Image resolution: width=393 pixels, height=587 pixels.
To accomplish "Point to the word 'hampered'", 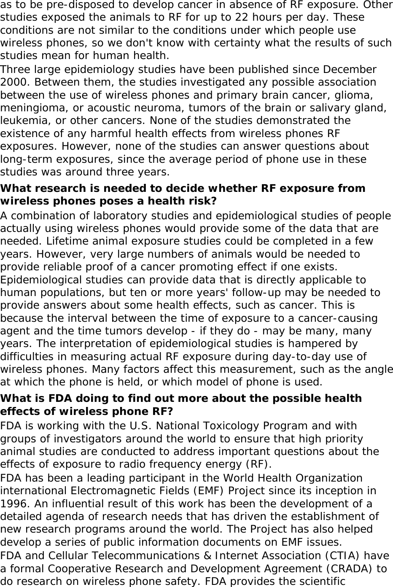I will [311, 344].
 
